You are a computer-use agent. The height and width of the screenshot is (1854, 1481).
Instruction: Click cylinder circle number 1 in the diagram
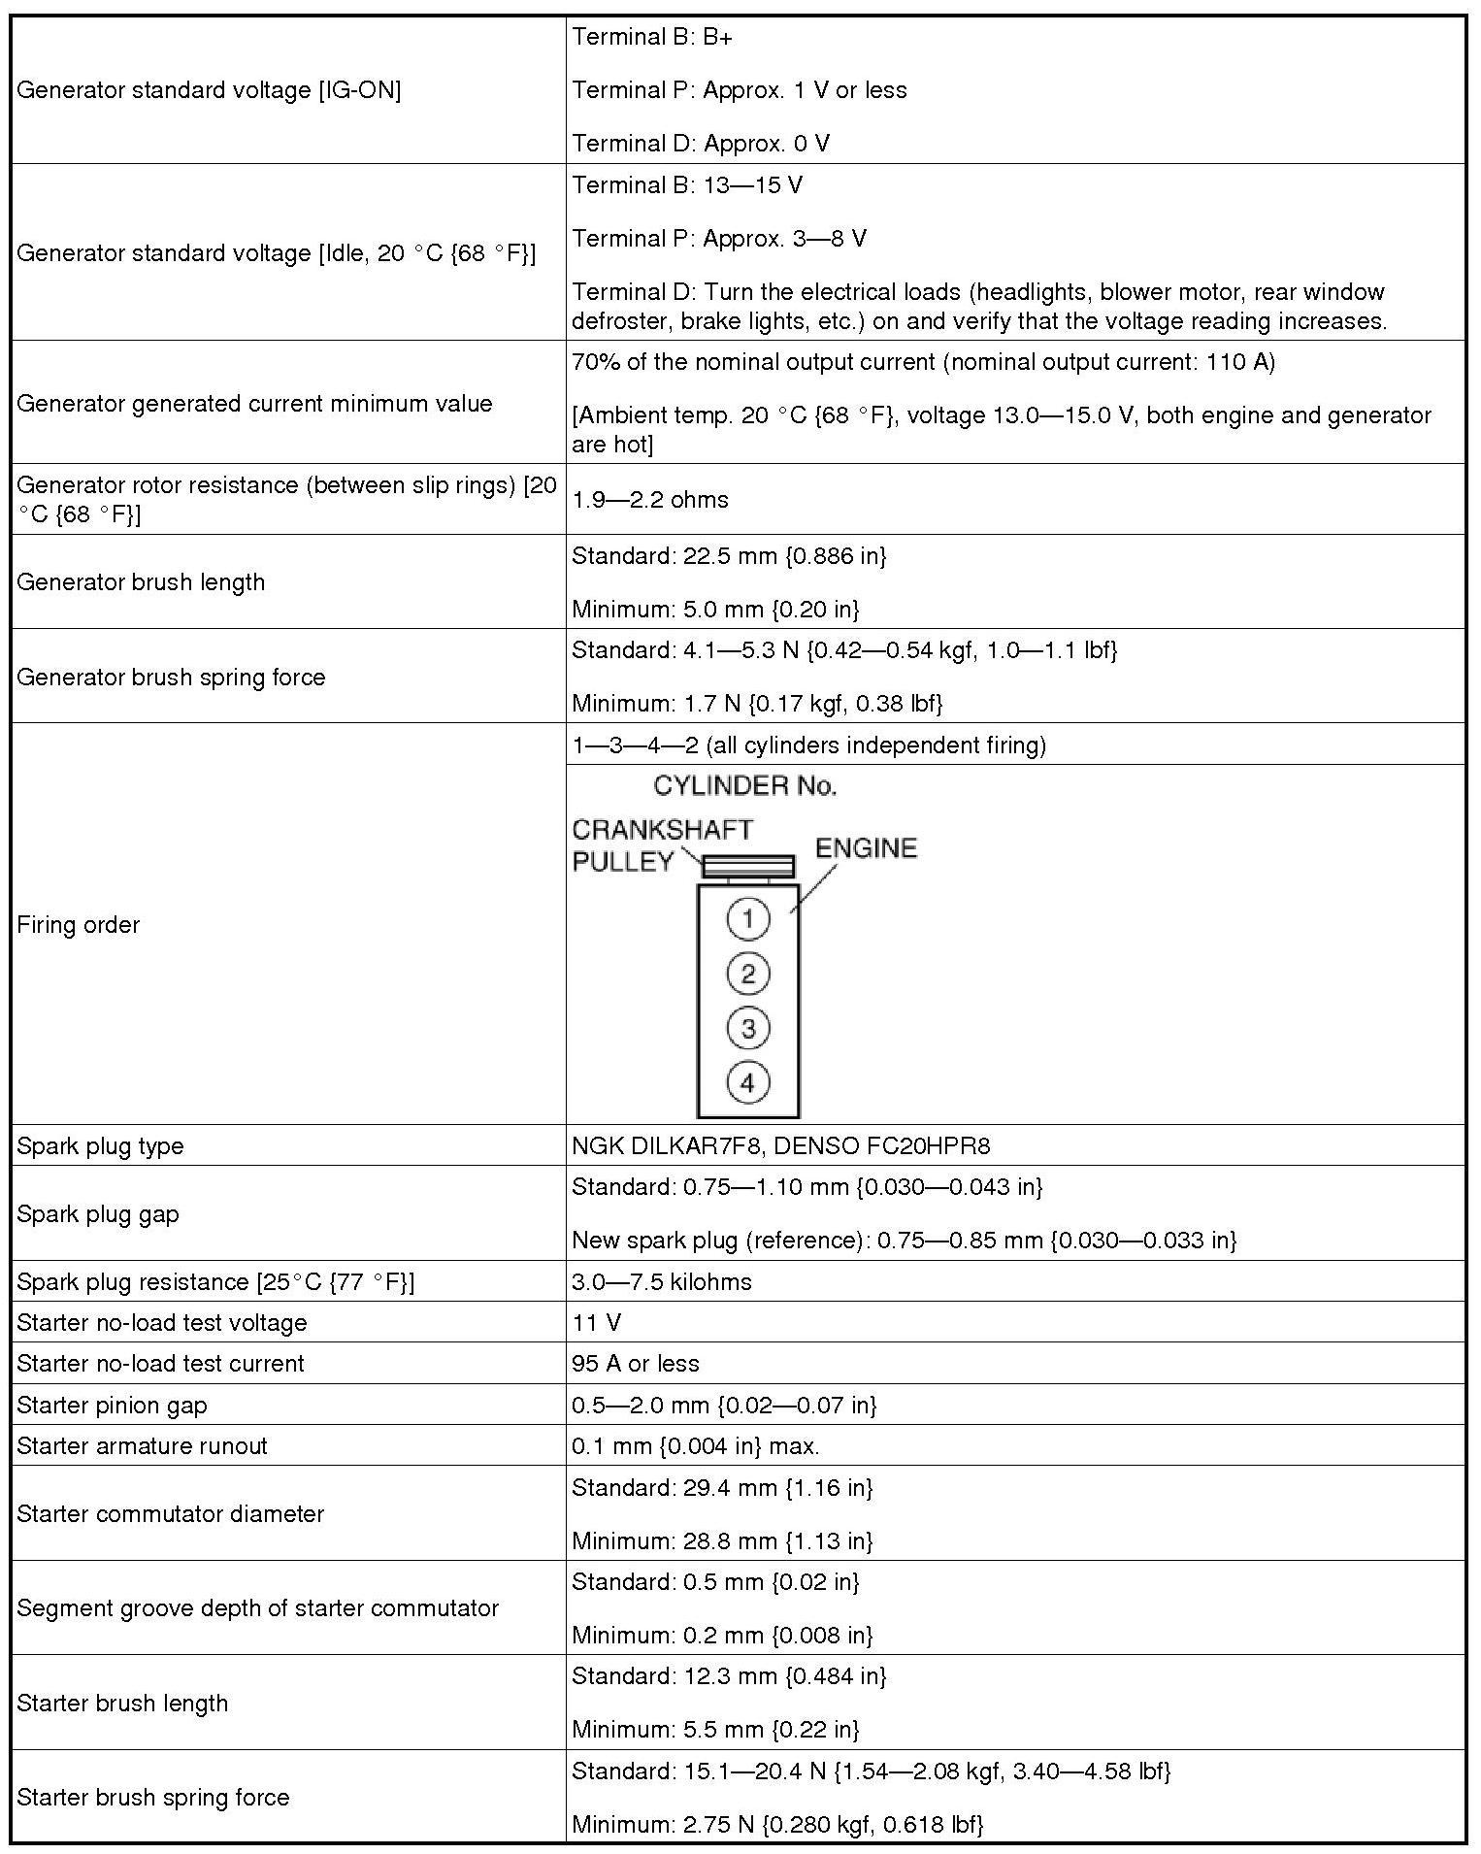747,918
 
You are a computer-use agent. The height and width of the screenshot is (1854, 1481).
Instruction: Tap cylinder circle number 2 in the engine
747,974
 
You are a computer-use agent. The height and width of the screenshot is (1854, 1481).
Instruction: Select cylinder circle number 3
747,1028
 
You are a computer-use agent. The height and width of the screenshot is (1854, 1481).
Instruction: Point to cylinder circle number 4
747,1082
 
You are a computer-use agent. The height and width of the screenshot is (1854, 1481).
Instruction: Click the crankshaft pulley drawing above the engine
748,866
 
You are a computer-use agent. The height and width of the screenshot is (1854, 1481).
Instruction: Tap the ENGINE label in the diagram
866,848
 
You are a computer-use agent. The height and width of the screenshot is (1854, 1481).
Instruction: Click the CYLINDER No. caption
744,785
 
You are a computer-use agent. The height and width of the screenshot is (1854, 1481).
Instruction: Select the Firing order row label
79,925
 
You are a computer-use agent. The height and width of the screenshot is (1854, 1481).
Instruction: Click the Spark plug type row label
100,1145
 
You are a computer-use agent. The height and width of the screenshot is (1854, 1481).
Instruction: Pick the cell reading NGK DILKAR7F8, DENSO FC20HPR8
780,1145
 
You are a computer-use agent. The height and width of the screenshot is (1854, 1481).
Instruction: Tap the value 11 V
597,1322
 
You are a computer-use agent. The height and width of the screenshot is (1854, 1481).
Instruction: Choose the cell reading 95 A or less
636,1363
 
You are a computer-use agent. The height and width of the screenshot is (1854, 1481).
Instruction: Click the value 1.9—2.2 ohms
650,500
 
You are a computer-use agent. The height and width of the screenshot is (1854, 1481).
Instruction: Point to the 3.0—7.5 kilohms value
662,1281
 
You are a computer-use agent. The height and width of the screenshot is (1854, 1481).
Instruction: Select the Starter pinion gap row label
112,1405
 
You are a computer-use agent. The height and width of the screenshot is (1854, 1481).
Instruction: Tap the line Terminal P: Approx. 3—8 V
719,239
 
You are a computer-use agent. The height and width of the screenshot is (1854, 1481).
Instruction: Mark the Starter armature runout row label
142,1445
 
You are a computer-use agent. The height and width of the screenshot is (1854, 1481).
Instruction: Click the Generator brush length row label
141,582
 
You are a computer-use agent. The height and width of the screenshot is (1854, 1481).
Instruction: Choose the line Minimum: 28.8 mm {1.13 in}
722,1540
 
